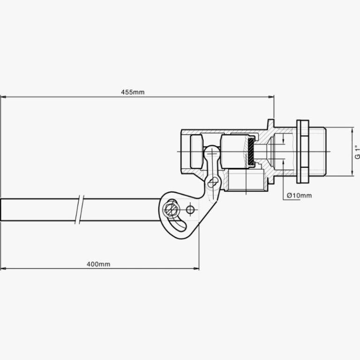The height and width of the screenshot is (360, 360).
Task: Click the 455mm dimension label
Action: click(133, 92)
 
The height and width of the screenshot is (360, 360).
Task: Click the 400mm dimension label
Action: click(98, 264)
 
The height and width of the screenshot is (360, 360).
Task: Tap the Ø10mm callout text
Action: click(300, 195)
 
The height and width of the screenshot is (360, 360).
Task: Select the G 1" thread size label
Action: click(357, 152)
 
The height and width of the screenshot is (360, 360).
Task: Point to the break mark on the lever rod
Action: click(79, 210)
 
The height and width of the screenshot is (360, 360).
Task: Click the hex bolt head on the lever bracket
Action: click(171, 210)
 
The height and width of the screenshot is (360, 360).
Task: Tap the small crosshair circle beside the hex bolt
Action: click(190, 210)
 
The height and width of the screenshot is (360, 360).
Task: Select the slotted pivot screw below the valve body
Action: click(212, 183)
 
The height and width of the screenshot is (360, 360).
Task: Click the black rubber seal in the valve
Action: click(251, 152)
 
